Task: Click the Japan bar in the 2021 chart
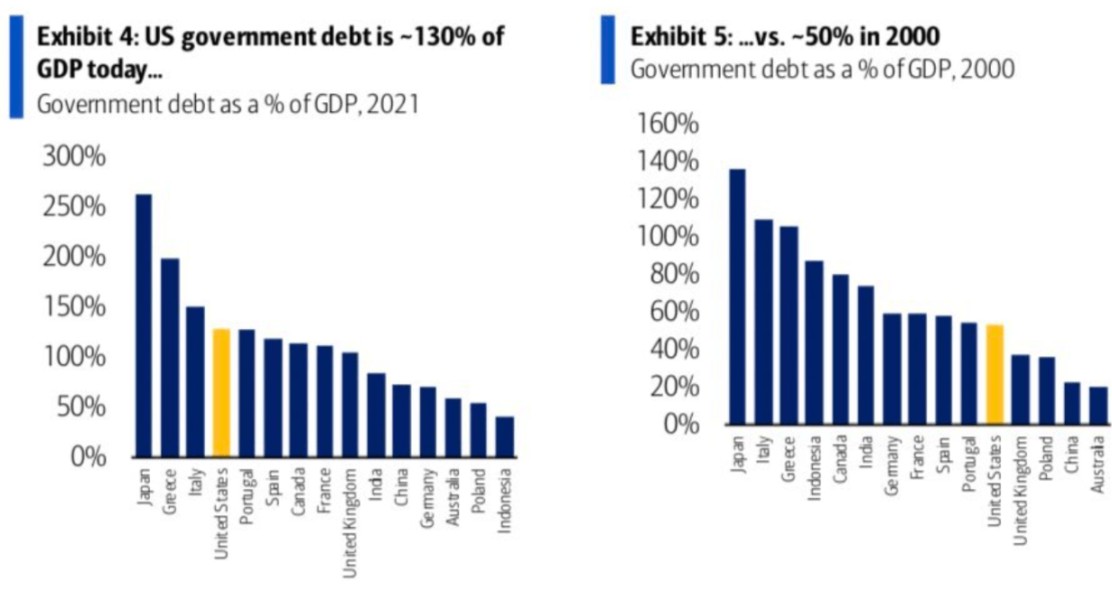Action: tap(144, 325)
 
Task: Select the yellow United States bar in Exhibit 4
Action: tap(221, 393)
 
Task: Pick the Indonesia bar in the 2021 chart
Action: tap(505, 436)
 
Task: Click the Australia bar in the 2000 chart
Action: tap(1098, 406)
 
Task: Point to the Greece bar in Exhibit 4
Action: tap(170, 358)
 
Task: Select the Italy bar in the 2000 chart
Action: tap(764, 322)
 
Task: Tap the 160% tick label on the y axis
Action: tap(669, 124)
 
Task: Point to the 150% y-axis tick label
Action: tap(74, 307)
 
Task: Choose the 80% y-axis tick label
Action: tap(673, 274)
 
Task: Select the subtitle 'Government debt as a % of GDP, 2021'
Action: tap(228, 104)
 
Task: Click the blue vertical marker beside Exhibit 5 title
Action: tap(608, 50)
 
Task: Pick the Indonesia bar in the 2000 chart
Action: tap(815, 342)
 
